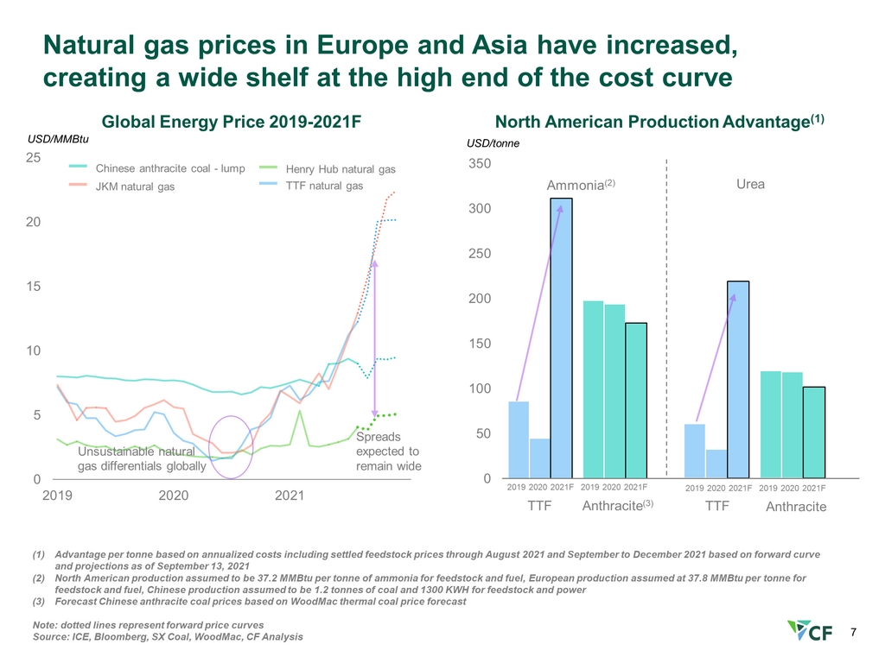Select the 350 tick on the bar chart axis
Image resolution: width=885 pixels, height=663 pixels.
pyautogui.click(x=480, y=164)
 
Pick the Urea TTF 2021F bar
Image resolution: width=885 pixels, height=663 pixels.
pyautogui.click(x=738, y=380)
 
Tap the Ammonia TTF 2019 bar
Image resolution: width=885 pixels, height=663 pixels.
pyautogui.click(x=519, y=439)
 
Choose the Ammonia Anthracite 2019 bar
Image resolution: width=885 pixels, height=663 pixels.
pyautogui.click(x=593, y=389)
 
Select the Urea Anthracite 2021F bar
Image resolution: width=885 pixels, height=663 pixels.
pyautogui.click(x=812, y=433)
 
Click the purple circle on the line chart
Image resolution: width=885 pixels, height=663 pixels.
pyautogui.click(x=232, y=445)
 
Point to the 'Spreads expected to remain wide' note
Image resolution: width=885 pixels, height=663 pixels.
pyautogui.click(x=387, y=451)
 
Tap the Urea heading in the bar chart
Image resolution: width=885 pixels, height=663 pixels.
pyautogui.click(x=749, y=185)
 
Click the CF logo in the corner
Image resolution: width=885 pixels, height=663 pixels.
pyautogui.click(x=811, y=632)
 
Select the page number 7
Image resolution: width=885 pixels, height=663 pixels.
pyautogui.click(x=854, y=633)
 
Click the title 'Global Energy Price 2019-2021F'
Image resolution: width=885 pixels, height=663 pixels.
pyautogui.click(x=231, y=122)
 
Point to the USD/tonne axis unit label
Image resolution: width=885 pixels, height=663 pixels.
pyautogui.click(x=493, y=143)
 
